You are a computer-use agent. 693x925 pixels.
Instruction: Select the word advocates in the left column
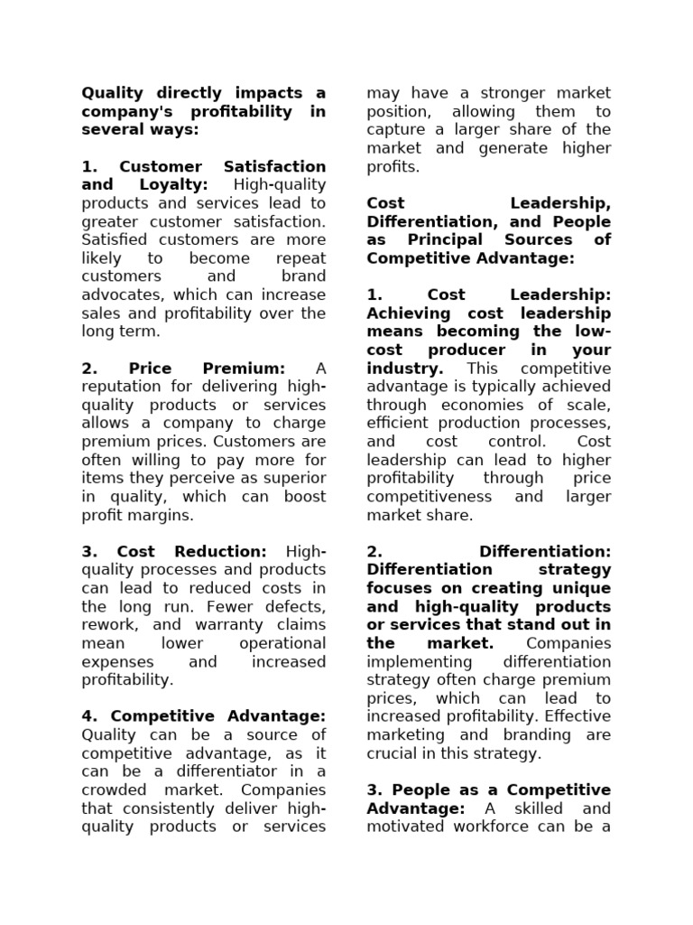click(123, 295)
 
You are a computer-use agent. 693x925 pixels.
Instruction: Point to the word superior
click(296, 479)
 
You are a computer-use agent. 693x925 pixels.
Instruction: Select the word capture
click(395, 130)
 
